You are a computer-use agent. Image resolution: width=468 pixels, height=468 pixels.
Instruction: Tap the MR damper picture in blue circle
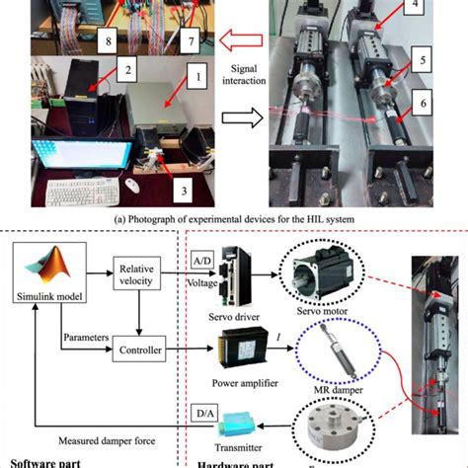click(326, 353)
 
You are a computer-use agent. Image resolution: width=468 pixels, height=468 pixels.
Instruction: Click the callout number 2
click(126, 70)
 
